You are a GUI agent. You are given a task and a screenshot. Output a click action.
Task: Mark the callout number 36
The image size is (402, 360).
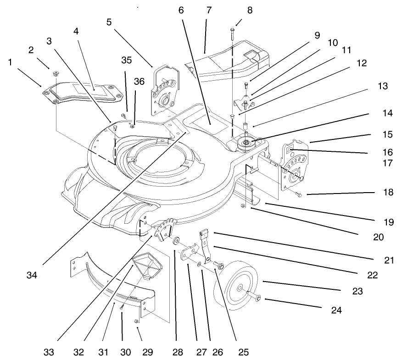pyautogui.click(x=139, y=81)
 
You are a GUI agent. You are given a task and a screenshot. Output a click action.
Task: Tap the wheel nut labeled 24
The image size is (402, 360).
pyautogui.click(x=257, y=299)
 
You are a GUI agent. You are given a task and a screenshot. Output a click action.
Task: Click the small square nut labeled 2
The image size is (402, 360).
pyautogui.click(x=54, y=72)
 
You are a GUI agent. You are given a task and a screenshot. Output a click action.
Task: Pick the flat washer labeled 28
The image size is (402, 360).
pyautogui.click(x=176, y=240)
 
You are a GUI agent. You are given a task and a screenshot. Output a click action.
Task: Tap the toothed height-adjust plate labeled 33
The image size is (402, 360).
pyautogui.click(x=165, y=228)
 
